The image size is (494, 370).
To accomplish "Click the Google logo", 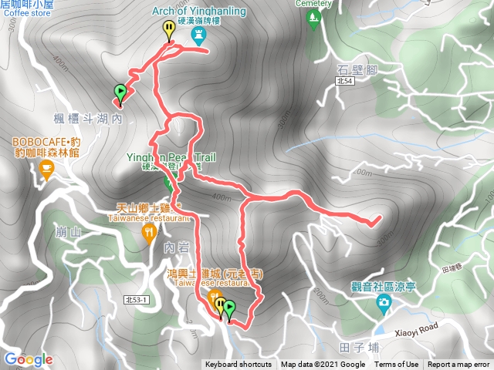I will point(28,359).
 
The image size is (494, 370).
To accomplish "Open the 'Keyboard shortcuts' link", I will point(238,365).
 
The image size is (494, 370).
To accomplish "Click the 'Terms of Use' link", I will point(397,365).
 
